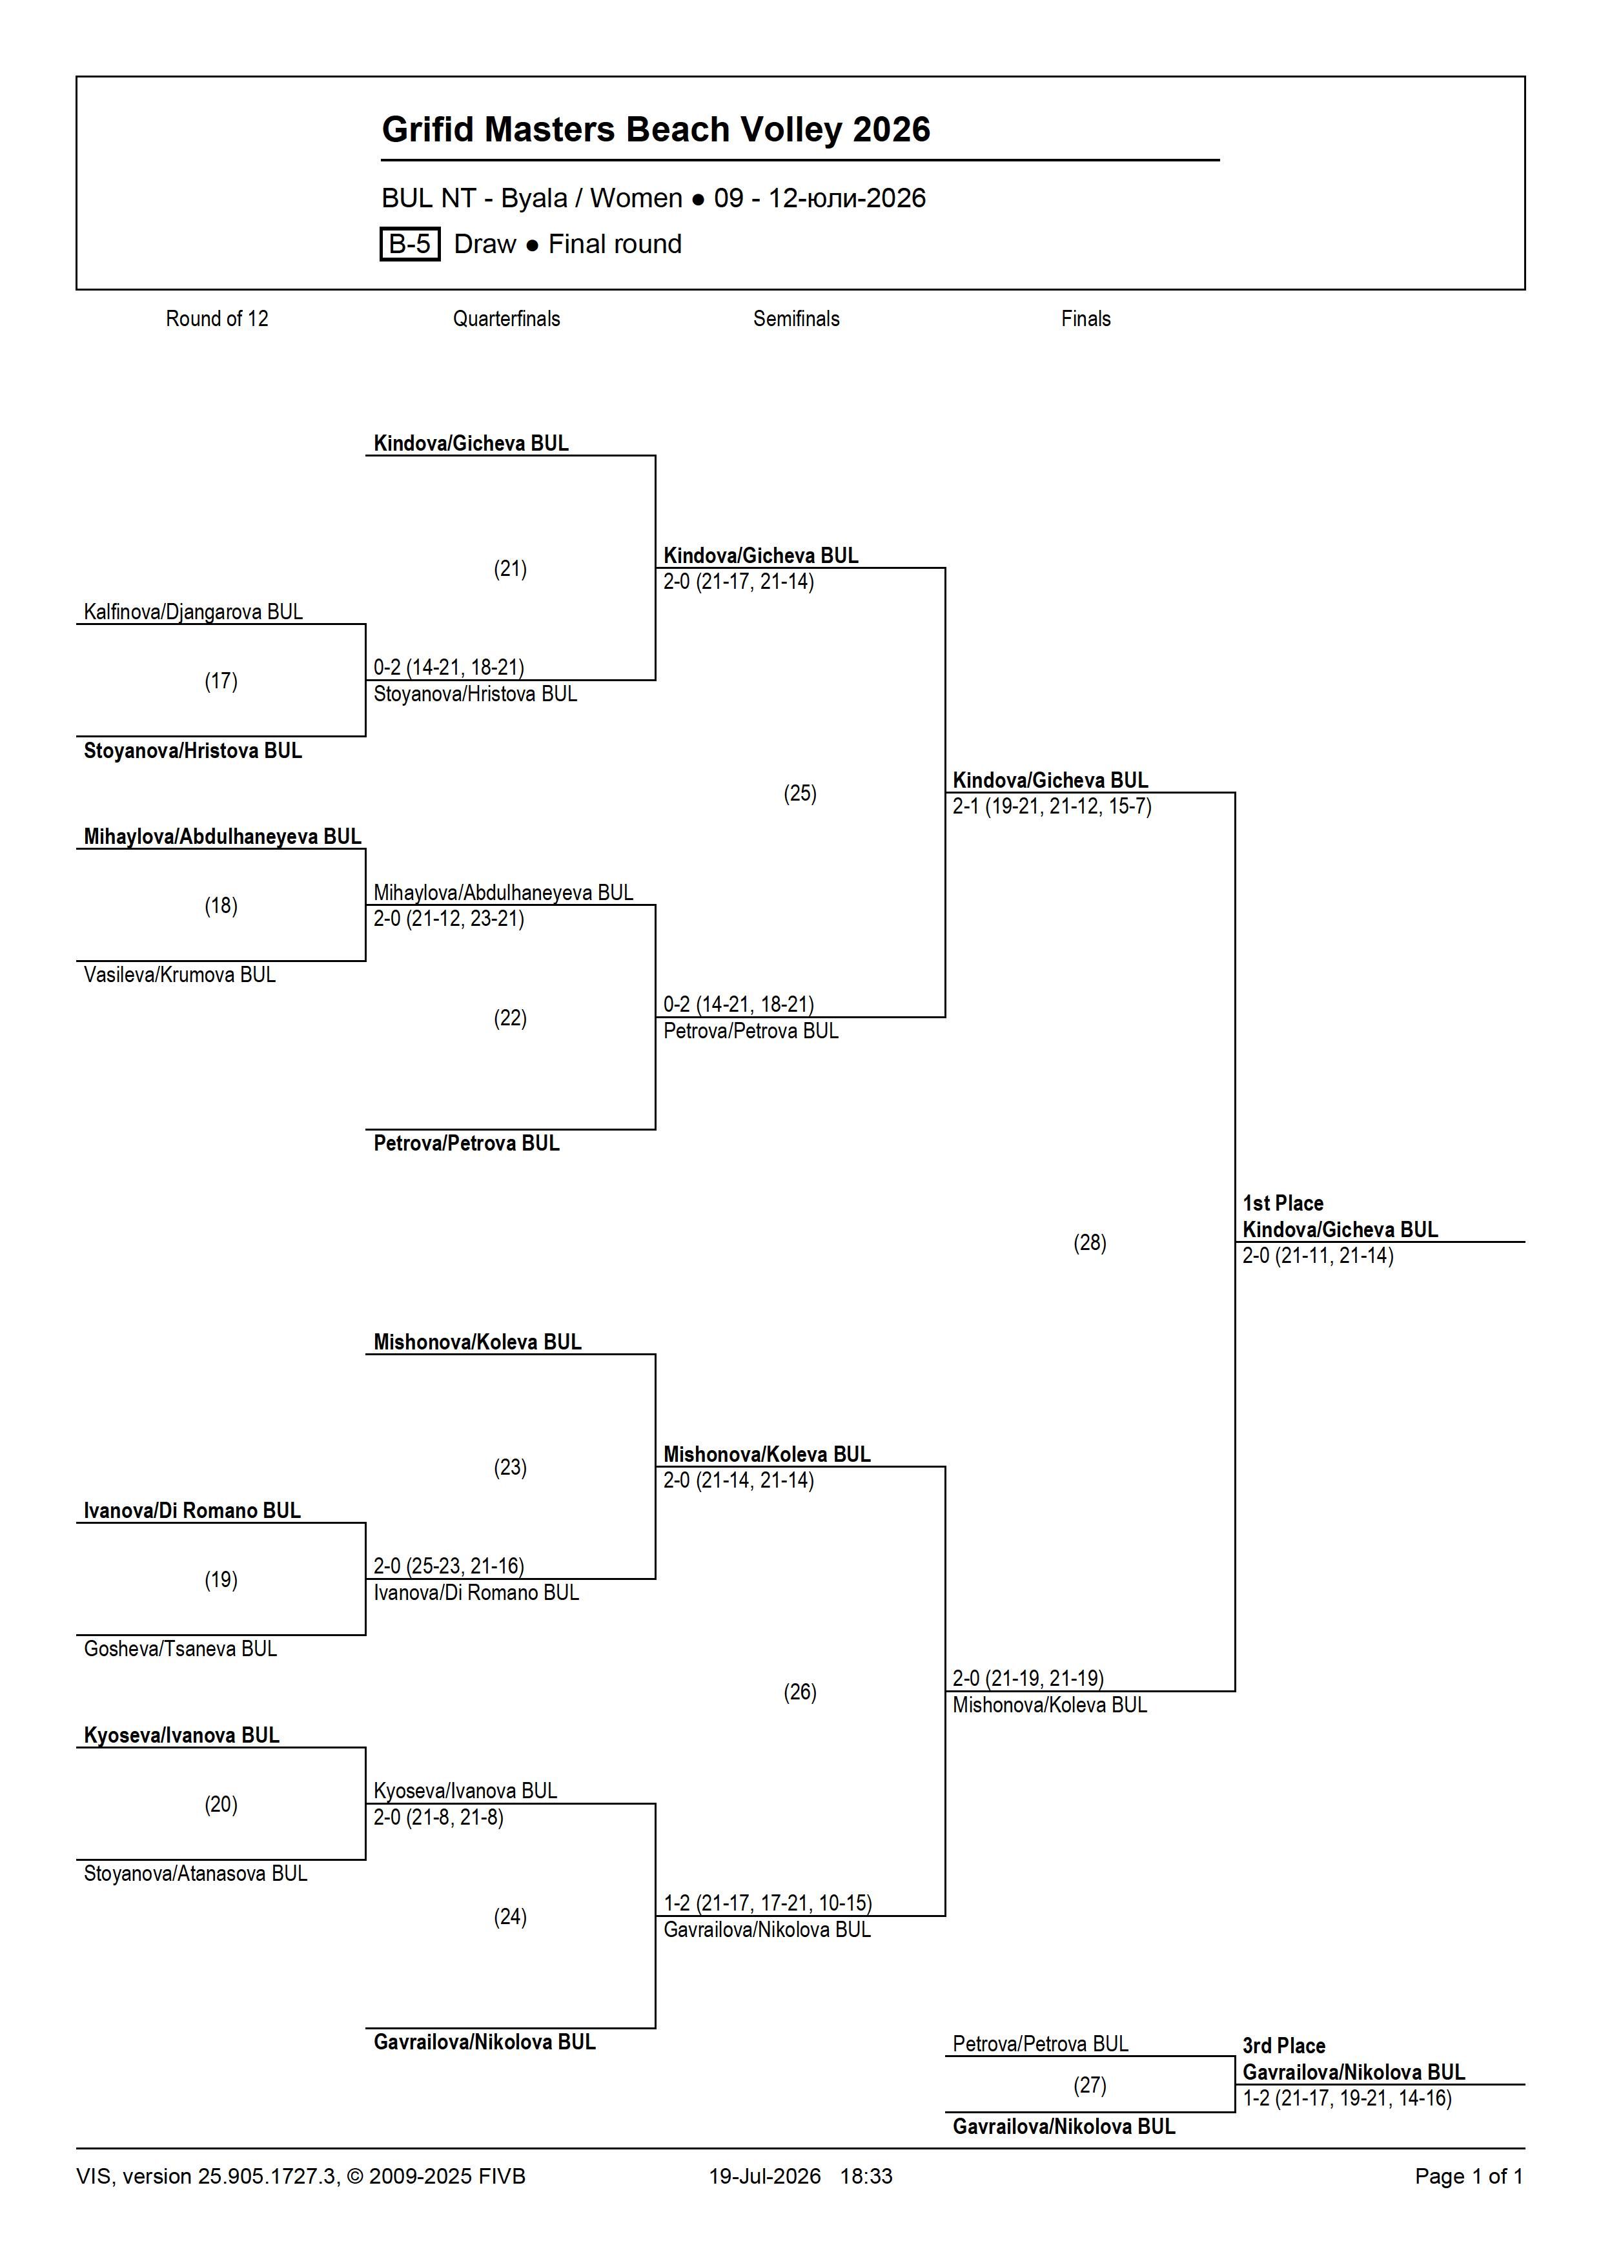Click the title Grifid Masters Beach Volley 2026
tap(656, 129)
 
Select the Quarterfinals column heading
tap(506, 319)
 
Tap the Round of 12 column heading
tap(217, 319)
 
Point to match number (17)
tap(221, 681)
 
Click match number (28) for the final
tap(1090, 1243)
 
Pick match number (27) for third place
tap(1090, 2086)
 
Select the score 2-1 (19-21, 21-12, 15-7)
tap(1052, 807)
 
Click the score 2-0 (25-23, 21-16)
tap(449, 1566)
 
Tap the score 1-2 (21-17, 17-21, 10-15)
tap(768, 1903)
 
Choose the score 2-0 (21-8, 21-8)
tap(438, 1817)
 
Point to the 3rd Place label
tap(1283, 2046)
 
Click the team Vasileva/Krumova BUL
tap(179, 975)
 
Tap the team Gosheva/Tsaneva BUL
tap(181, 1648)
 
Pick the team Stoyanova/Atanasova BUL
tap(196, 1873)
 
